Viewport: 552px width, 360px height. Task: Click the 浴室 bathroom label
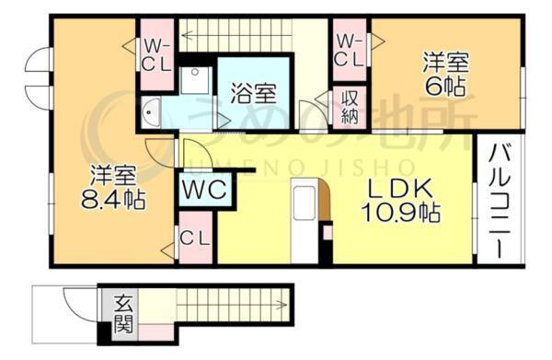pyautogui.click(x=254, y=93)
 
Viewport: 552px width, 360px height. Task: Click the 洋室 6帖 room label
pyautogui.click(x=445, y=75)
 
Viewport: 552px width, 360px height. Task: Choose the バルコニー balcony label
pyautogui.click(x=497, y=203)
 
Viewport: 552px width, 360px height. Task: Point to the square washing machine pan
pyautogui.click(x=195, y=80)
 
